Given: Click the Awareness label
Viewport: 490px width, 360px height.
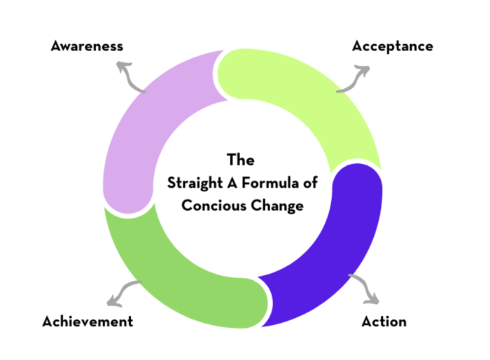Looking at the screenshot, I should [x=87, y=46].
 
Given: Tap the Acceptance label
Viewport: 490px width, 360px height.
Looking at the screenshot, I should [x=392, y=46].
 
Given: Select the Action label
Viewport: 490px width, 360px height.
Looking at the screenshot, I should [x=384, y=322].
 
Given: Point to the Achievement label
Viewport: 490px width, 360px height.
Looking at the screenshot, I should [x=87, y=322].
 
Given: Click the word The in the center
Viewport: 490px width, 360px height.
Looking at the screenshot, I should [x=241, y=160].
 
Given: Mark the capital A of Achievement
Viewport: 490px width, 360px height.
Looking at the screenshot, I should [x=47, y=322].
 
